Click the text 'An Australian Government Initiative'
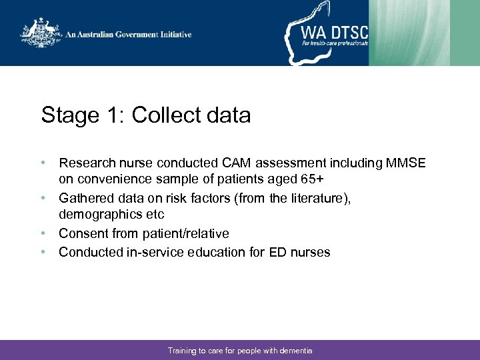[128, 35]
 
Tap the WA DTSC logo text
[334, 31]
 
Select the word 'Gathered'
[86, 198]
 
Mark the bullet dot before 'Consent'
[43, 233]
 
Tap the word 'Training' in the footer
[182, 351]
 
